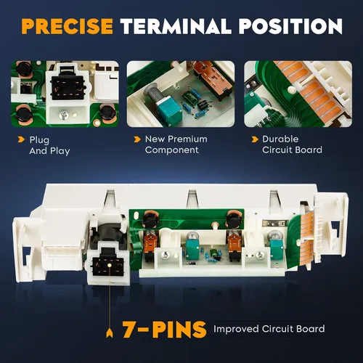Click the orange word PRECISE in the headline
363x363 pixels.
tap(67, 26)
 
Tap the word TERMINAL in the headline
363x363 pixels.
tap(176, 26)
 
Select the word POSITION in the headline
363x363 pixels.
tap(290, 26)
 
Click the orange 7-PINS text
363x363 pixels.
tap(164, 330)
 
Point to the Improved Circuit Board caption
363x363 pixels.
tap(269, 329)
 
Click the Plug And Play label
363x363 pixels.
tap(49, 145)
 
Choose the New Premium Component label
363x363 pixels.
tap(176, 144)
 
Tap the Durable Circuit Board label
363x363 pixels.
tap(292, 144)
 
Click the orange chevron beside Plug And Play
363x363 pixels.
tap(21, 139)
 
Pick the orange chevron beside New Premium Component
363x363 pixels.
tap(137, 139)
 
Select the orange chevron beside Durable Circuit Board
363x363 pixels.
tap(255, 139)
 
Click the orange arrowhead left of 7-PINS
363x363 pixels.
tap(110, 333)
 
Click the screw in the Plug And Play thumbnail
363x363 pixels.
tap(63, 115)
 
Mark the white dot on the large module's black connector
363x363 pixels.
tap(110, 266)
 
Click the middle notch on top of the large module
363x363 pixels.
tap(192, 198)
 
